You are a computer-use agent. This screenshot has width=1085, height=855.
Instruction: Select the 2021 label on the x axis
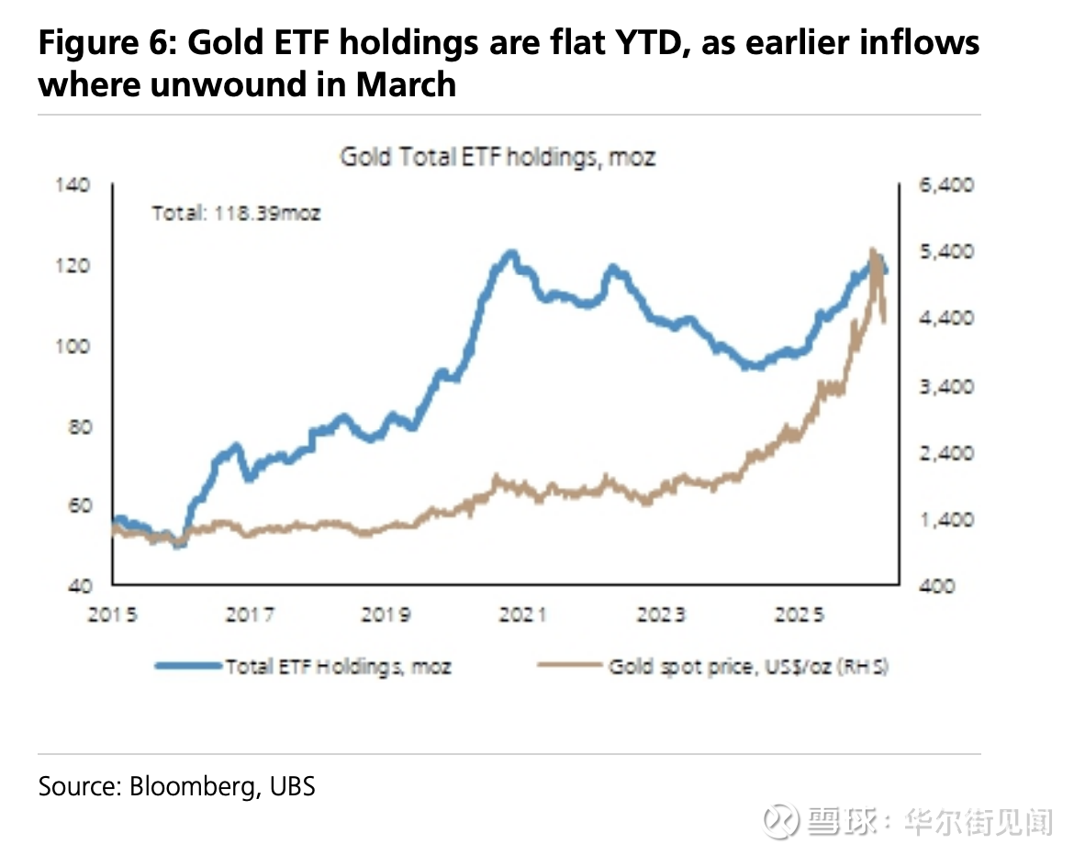click(x=522, y=615)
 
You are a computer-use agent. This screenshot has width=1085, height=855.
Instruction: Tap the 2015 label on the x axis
click(x=112, y=615)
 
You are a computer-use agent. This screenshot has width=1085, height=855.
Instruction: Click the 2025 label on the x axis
click(x=796, y=615)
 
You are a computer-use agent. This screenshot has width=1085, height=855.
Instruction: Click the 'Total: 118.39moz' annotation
click(x=236, y=214)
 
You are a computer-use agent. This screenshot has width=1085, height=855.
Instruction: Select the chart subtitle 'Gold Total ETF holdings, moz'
click(x=498, y=157)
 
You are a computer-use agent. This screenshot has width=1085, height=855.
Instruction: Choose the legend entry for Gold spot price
click(x=748, y=667)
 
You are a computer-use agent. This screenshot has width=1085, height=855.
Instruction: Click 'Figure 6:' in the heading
click(x=106, y=43)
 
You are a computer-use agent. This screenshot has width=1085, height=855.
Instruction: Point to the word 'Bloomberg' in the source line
click(x=189, y=786)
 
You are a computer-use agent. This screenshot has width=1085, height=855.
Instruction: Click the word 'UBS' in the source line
click(x=293, y=786)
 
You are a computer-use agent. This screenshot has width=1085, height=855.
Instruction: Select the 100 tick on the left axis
click(x=76, y=346)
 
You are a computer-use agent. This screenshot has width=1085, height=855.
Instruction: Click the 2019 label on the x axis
click(x=386, y=615)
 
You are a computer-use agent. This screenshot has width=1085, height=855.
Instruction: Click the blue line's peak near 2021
click(x=510, y=253)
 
